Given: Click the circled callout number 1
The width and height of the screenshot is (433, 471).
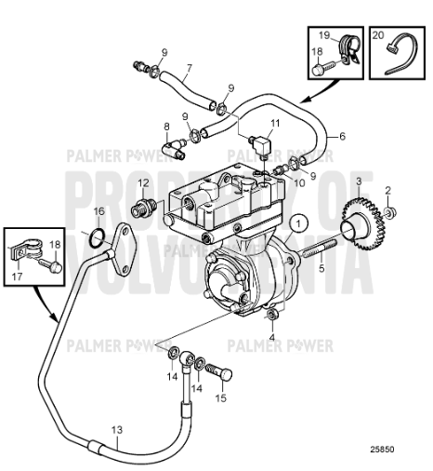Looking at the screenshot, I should coord(296,222).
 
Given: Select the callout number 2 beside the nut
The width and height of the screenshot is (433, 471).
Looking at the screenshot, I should coord(388,191).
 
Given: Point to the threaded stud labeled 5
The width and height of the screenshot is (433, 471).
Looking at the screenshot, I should coord(317,250).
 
